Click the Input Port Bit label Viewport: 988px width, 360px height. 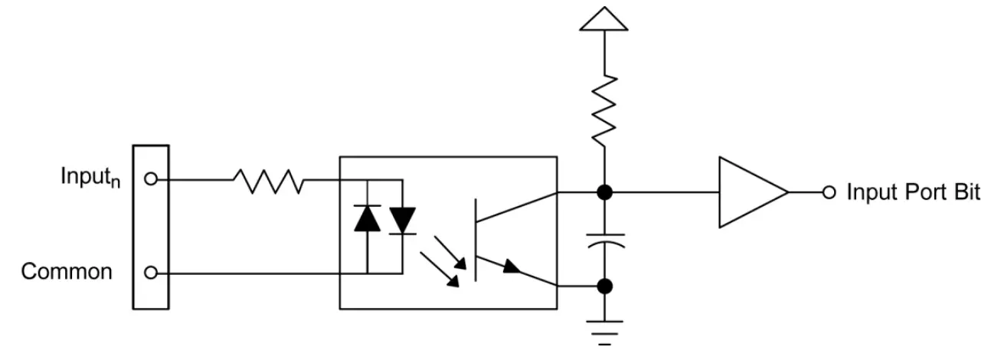[913, 192]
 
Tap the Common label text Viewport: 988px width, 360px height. [67, 272]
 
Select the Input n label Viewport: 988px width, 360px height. [90, 177]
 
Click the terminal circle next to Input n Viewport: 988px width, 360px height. [151, 179]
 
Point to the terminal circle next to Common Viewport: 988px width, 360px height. [151, 273]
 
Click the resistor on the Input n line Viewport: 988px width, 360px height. [268, 181]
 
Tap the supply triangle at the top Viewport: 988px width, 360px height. [604, 18]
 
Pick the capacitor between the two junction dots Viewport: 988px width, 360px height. [604, 239]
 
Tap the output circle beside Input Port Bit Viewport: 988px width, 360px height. [829, 192]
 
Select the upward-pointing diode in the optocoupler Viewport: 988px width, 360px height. [368, 219]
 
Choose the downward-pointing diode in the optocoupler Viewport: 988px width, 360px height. [402, 221]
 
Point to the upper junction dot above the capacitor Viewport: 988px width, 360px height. [604, 192]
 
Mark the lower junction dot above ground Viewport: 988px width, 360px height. [604, 286]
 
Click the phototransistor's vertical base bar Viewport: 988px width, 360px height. [476, 239]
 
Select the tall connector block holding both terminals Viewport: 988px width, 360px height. [151, 227]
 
